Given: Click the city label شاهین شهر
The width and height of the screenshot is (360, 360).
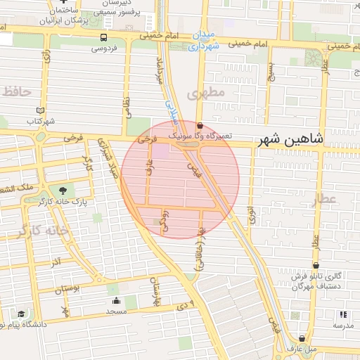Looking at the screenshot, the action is pos(290,139).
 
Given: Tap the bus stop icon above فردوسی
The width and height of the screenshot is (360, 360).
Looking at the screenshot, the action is pos(104,37).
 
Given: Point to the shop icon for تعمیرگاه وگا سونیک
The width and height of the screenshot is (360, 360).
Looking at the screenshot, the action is pos(200,126).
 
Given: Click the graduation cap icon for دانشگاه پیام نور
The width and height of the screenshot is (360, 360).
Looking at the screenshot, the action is pos(22,314).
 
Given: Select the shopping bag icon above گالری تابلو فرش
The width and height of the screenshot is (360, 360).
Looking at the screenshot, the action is pos(316,266).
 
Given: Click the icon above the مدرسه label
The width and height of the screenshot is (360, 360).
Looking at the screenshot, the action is pos(343,314).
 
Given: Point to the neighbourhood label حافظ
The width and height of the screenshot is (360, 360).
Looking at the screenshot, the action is pos(17,91).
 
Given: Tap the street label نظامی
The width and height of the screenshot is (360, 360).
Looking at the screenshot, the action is pos(127,107).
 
